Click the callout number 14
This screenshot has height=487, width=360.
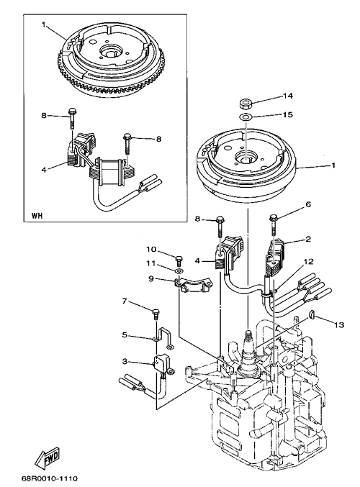click(x=287, y=96)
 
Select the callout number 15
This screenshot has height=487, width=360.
click(x=287, y=114)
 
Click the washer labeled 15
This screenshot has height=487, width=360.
click(x=246, y=117)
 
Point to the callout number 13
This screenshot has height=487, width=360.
click(x=339, y=325)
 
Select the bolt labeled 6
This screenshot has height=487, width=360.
click(x=274, y=224)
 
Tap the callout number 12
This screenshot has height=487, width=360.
click(x=308, y=262)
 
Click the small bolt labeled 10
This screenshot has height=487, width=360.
click(x=179, y=260)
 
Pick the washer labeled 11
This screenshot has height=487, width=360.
click(x=179, y=271)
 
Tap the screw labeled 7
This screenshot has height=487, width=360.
click(x=156, y=314)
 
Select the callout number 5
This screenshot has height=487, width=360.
click(x=125, y=335)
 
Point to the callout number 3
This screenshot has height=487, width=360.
click(x=125, y=361)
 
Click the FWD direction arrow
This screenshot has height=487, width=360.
click(x=47, y=458)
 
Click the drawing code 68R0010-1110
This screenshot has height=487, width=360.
click(x=50, y=478)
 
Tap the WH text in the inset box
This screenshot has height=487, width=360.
click(x=37, y=215)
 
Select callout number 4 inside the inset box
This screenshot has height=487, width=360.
click(x=44, y=170)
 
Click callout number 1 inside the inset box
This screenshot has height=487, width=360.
click(x=44, y=24)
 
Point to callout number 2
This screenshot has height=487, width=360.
click(x=308, y=239)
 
